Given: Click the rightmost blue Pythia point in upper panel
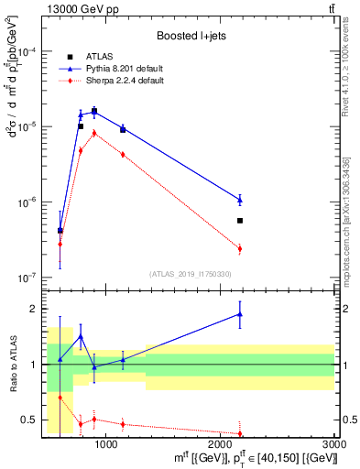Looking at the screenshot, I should pyautogui.click(x=240, y=199).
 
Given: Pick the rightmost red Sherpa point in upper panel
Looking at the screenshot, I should pyautogui.click(x=240, y=248).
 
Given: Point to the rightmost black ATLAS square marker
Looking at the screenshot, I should pyautogui.click(x=240, y=221).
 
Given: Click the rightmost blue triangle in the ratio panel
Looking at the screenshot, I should pyautogui.click(x=240, y=314).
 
